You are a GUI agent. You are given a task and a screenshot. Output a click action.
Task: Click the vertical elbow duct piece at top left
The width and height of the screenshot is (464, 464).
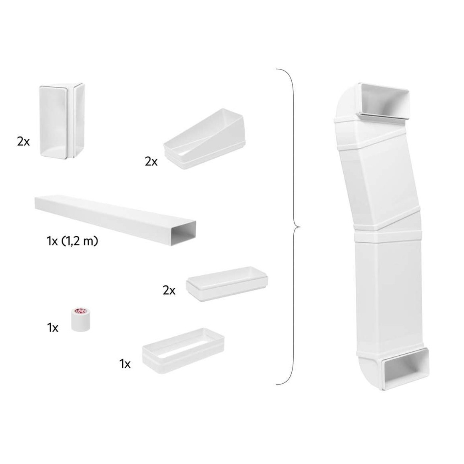(62, 121)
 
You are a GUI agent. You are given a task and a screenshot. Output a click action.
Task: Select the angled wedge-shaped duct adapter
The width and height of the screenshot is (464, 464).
(205, 139)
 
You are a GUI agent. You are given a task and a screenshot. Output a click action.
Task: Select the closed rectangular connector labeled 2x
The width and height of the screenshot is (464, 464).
(227, 283)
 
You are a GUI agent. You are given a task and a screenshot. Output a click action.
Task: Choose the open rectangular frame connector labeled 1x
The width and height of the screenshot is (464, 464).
(183, 350)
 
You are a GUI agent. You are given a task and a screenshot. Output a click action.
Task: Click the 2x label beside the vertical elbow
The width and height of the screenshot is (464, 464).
(23, 142)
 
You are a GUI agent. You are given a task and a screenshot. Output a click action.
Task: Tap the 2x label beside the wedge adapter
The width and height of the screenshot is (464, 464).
(151, 161)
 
